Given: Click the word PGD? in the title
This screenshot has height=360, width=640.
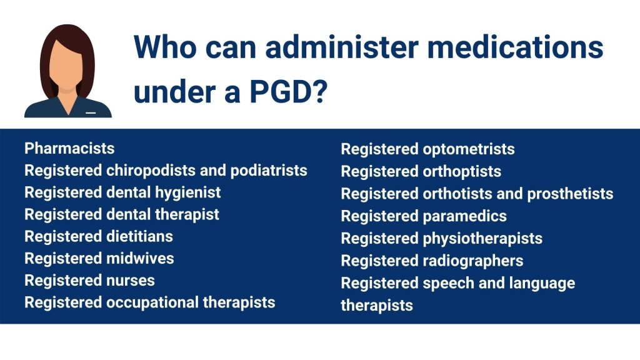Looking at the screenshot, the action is pos(289,91).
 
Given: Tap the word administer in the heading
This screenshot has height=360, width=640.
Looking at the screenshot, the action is pos(342,46).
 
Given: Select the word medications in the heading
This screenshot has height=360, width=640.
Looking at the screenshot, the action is pos(515,46).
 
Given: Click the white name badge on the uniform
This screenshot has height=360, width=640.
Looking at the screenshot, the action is pos(91,112).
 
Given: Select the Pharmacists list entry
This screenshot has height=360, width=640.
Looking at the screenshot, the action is pos(69,148).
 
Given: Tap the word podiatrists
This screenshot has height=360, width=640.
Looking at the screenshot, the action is pos(269,171).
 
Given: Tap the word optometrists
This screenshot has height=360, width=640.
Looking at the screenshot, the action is pos(469,149).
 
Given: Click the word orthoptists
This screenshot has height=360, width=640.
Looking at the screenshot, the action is pos(462,172).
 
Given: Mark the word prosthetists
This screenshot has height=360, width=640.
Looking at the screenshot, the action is pos(570,194).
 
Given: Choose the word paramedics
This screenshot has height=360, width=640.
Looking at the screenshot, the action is pos(465,216).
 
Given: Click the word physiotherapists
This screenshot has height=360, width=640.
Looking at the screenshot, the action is pos(482,239).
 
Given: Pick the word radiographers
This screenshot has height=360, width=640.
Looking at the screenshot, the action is pos(473,261).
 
